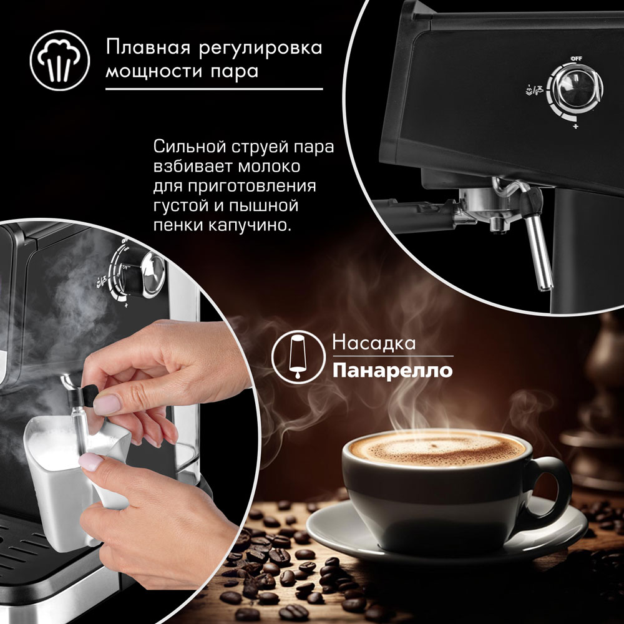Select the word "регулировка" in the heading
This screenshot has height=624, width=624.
point(260,49)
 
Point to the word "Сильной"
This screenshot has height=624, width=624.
point(183,147)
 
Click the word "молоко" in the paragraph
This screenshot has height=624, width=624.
point(269,167)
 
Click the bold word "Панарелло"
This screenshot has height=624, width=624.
point(392,371)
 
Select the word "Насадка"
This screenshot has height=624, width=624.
point(374,343)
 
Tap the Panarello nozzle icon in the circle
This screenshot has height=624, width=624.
point(298,356)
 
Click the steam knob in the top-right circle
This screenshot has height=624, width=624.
point(575,89)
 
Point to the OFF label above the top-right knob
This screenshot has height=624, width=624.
point(576,59)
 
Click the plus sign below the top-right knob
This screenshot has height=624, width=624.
point(575,127)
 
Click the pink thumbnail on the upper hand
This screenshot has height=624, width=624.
point(107,404)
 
